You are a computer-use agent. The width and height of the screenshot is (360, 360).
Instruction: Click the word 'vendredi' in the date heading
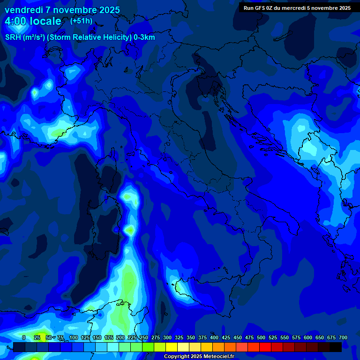pyautogui.click(x=23, y=10)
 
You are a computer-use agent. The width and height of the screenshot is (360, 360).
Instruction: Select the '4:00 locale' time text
pyautogui.click(x=33, y=21)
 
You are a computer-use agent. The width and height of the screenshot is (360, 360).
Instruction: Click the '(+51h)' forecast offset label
pyautogui.click(x=81, y=21)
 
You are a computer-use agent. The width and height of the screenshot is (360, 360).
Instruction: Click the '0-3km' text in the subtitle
pyautogui.click(x=144, y=37)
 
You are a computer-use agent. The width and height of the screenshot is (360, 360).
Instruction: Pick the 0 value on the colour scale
pyautogui.click(x=24, y=337)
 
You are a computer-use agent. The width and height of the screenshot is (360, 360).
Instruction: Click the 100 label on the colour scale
pyautogui.click(x=74, y=337)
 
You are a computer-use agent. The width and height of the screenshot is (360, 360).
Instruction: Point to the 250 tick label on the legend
pyautogui.click(x=144, y=337)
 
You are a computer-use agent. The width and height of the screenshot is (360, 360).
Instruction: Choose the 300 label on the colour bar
pyautogui.click(x=167, y=337)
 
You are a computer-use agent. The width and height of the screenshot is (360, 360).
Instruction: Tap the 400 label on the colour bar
pyautogui.click(x=214, y=337)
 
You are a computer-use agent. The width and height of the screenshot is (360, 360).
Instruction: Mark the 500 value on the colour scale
pyautogui.click(x=261, y=337)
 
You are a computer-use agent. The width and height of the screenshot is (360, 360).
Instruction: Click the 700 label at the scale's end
pyautogui.click(x=343, y=337)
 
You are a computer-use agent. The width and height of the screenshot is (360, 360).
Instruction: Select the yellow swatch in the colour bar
pyautogui.click(x=172, y=347)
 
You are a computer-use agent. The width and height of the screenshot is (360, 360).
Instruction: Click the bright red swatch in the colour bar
pyautogui.click(x=265, y=347)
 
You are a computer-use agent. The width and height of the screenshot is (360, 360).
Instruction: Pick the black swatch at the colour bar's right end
pyautogui.click(x=336, y=347)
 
